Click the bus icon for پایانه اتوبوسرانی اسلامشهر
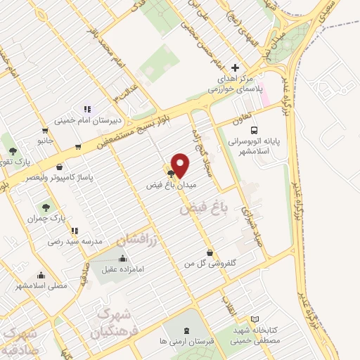[x=254, y=130]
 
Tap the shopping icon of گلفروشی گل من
[x=210, y=252]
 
